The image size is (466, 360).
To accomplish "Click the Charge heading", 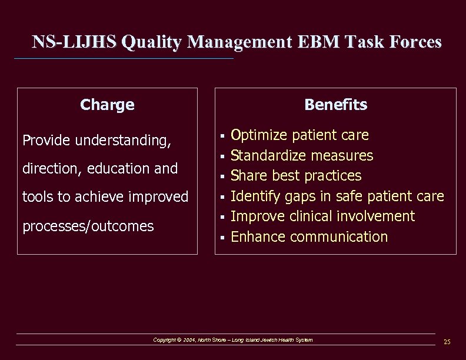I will point(107,105).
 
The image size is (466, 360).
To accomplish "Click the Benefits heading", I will point(335,105).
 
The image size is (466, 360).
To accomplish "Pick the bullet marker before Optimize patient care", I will point(222,136).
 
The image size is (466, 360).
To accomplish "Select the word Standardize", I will point(268,156).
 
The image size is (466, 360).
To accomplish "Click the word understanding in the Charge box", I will point(122,141).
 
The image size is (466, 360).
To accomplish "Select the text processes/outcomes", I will point(88,226).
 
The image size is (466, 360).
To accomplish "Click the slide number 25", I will point(447,342).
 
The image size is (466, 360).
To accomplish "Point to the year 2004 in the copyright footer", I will point(189,340).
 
